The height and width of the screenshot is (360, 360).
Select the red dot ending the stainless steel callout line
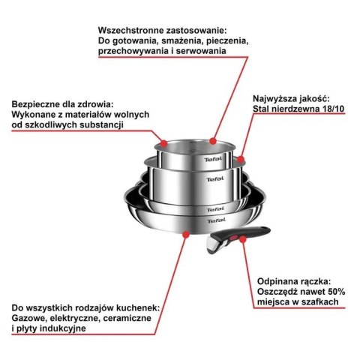click(241, 160)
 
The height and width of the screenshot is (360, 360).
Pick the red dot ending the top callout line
click(214, 140)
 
